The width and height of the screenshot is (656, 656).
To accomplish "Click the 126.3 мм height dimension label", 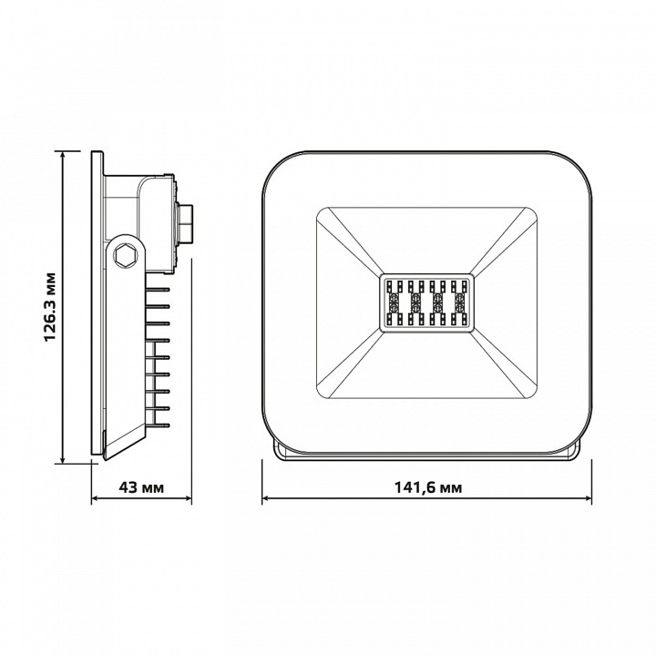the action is pyautogui.click(x=50, y=307).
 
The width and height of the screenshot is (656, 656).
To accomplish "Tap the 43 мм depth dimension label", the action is pyautogui.click(x=141, y=487).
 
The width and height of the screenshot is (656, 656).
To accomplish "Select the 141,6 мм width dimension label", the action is pyautogui.click(x=428, y=487).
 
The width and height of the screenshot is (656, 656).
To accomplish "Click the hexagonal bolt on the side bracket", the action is pyautogui.click(x=126, y=254).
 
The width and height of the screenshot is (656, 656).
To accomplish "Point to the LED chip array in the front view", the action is pyautogui.click(x=427, y=302).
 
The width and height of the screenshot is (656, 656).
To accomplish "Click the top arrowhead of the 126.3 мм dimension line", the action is pyautogui.click(x=63, y=155).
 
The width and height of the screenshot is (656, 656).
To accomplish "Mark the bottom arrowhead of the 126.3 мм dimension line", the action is pyautogui.click(x=63, y=459).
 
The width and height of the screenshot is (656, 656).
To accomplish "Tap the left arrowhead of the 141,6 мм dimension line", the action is pyautogui.click(x=266, y=498).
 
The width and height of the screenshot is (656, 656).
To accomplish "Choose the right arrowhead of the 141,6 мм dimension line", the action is pyautogui.click(x=588, y=498).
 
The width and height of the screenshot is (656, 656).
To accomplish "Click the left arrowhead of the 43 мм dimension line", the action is pyautogui.click(x=96, y=498).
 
